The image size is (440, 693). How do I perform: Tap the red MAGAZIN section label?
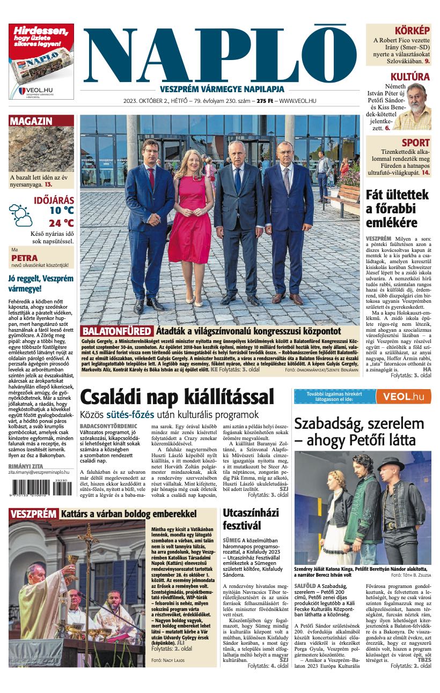click(31, 121)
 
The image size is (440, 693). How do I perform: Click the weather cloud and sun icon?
click(20, 215)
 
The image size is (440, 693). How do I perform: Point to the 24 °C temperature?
click(61, 223)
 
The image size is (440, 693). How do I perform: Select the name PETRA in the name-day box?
click(24, 258)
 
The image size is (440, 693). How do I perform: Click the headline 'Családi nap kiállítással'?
click(177, 397)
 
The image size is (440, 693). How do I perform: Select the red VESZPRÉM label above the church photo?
click(33, 514)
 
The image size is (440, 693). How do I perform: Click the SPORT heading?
click(416, 143)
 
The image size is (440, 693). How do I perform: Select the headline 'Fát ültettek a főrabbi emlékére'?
click(397, 208)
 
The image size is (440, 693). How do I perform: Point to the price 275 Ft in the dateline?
click(265, 101)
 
